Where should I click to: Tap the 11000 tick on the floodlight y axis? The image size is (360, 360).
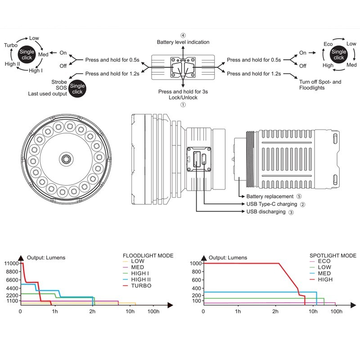coord(11,263)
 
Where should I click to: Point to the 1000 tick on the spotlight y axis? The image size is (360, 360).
coord(196,263)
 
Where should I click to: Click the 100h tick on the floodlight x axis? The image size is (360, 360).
coord(153,311)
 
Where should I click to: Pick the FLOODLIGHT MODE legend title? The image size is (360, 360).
coord(148,256)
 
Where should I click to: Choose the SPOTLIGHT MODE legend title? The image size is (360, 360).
coord(333,256)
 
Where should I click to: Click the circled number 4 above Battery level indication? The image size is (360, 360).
coord(183,36)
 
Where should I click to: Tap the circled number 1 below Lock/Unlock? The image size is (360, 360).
coord(183,105)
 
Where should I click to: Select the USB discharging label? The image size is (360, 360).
coord(266,211)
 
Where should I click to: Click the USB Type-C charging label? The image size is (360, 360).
coord(272,204)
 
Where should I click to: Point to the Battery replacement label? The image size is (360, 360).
coord(270,197)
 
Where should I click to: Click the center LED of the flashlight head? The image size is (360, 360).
coord(66,159)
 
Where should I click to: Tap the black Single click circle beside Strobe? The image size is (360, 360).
coord(77,89)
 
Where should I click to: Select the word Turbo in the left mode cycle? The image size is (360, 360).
coord(10,45)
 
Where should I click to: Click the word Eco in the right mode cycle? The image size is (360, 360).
coord(328,44)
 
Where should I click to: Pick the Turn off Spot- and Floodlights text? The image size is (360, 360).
coord(320,85)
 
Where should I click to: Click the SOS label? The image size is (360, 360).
coord(61,88)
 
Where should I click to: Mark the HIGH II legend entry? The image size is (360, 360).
coord(141,279)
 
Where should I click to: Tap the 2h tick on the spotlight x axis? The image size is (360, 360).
coord(275,311)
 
